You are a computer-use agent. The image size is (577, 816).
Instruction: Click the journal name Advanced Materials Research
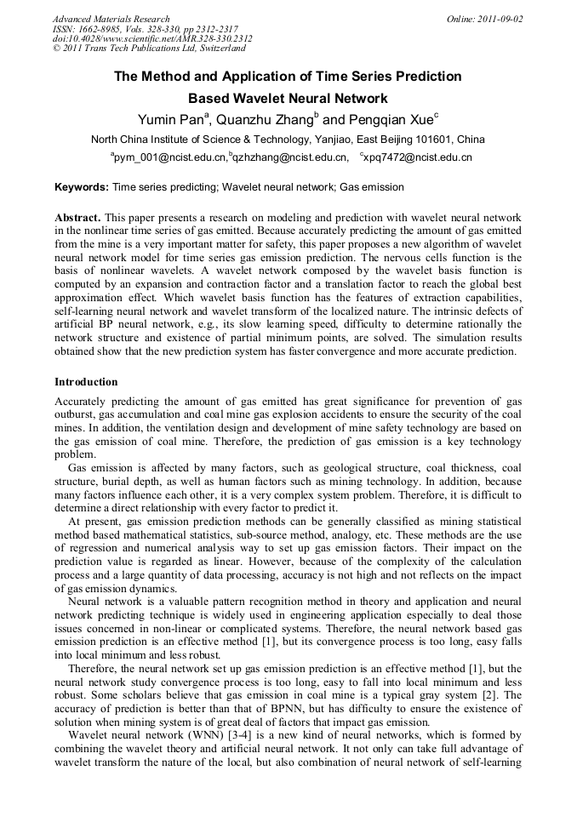click(111, 18)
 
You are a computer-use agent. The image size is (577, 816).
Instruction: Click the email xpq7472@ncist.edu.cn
click(419, 157)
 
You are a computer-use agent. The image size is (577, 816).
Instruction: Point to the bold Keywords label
click(82, 186)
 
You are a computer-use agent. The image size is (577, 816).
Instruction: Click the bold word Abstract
click(78, 218)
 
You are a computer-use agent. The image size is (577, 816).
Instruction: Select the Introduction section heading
click(86, 381)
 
